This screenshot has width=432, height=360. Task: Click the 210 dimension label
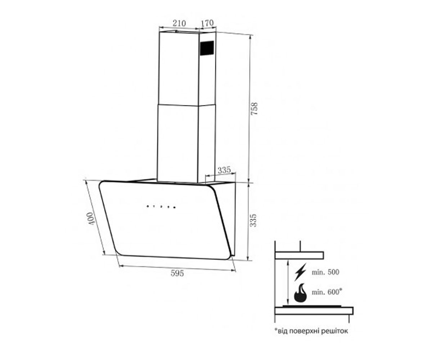click(x=179, y=23)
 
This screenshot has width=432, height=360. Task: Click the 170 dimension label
click(x=207, y=23)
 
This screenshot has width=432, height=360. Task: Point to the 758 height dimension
click(x=254, y=109)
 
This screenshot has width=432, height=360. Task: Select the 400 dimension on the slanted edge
click(x=91, y=219)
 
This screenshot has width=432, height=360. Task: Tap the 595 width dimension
click(x=177, y=273)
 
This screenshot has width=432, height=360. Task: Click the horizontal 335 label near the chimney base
click(x=224, y=170)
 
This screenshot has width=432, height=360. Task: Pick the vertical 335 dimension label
click(x=253, y=221)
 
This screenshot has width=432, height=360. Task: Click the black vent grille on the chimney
click(x=207, y=48)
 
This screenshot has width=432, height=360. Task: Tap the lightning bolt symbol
click(x=300, y=272)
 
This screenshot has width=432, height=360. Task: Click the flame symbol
click(x=300, y=293)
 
